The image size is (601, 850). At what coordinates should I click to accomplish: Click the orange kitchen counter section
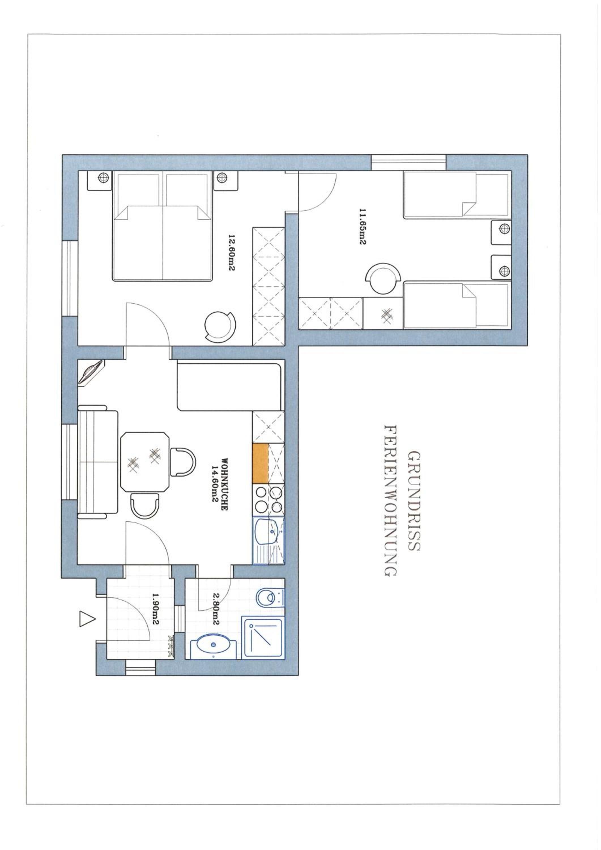[260, 463]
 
